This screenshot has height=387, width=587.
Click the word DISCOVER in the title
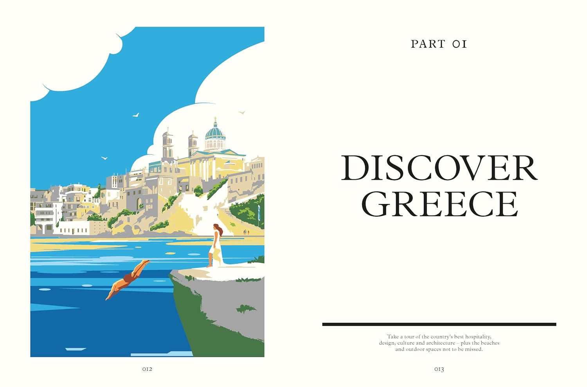(439, 168)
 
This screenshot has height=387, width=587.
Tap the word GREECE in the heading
(439, 204)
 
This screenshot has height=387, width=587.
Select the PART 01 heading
(439, 44)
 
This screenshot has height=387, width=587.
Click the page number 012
(147, 369)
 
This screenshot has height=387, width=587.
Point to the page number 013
(439, 369)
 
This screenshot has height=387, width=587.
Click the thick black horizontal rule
(439, 324)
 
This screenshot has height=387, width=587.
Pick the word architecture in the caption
(441, 343)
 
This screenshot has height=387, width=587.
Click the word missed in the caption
(474, 349)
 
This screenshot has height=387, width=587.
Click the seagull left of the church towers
(136, 115)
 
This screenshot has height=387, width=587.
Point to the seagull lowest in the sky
(104, 158)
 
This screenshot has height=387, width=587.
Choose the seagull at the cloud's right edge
(242, 112)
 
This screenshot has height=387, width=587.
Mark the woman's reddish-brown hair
(219, 229)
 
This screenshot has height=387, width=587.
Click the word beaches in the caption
(490, 343)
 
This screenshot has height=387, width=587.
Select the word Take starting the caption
(393, 336)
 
